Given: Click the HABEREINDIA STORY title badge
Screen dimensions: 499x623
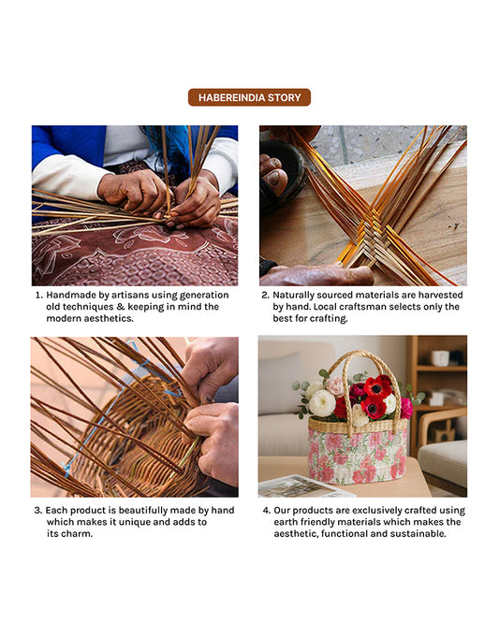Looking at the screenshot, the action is tap(249, 97).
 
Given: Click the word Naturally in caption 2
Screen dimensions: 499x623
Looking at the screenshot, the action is tap(293, 296).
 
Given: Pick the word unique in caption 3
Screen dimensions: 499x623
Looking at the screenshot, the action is tap(135, 522).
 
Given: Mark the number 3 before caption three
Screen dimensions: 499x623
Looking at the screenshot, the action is tap(37, 511).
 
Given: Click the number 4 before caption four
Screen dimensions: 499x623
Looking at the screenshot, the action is tap(266, 511).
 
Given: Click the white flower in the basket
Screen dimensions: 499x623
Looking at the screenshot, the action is tap(322, 403).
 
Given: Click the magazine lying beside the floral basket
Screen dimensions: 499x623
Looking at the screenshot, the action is tap(304, 486).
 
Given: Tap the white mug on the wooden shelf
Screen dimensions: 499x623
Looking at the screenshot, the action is tap(440, 358).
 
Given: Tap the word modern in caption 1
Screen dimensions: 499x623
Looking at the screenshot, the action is tap(64, 319).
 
